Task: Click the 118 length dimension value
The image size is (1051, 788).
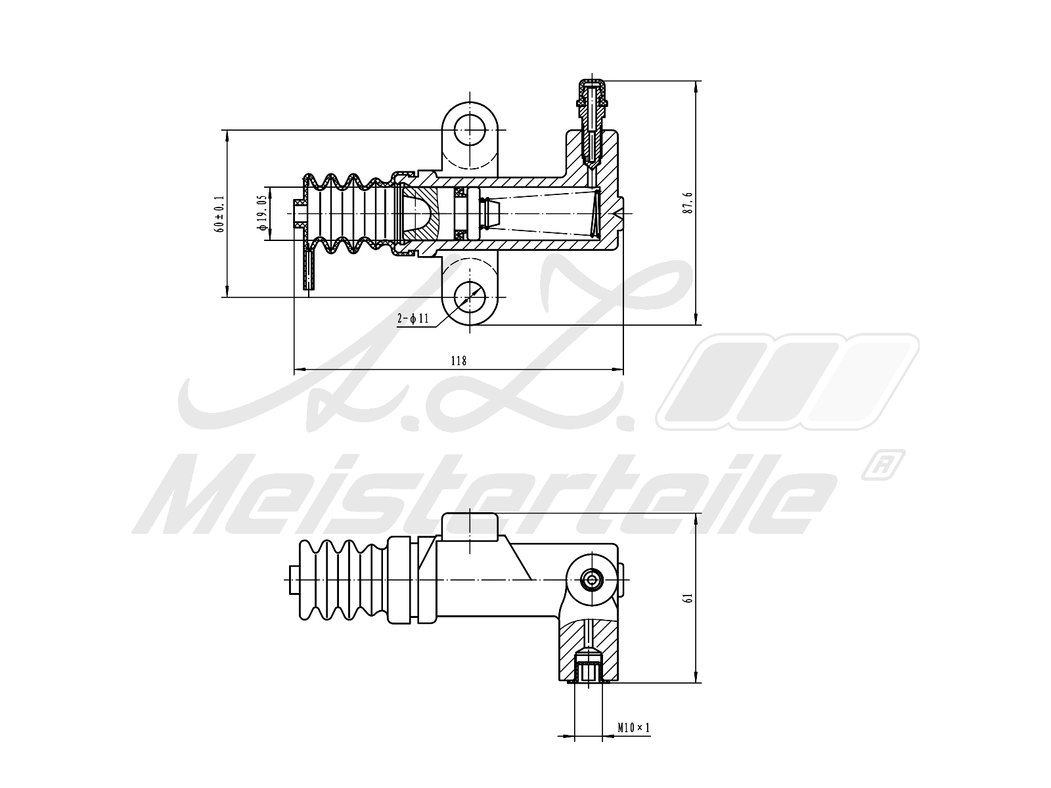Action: tap(458, 360)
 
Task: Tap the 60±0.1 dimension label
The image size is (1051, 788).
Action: tap(219, 213)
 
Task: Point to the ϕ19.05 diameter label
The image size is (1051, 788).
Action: tap(261, 212)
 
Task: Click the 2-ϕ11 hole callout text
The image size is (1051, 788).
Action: tap(413, 319)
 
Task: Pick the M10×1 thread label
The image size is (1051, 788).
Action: tap(633, 728)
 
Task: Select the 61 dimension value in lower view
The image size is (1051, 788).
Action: tap(688, 598)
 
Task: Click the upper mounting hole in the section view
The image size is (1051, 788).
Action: tap(470, 129)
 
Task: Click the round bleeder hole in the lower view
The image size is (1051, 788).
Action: tap(593, 579)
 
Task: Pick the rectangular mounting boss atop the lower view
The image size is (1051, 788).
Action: tap(470, 527)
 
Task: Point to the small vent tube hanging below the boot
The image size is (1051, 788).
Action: tap(309, 273)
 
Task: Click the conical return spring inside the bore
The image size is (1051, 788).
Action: tap(545, 213)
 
